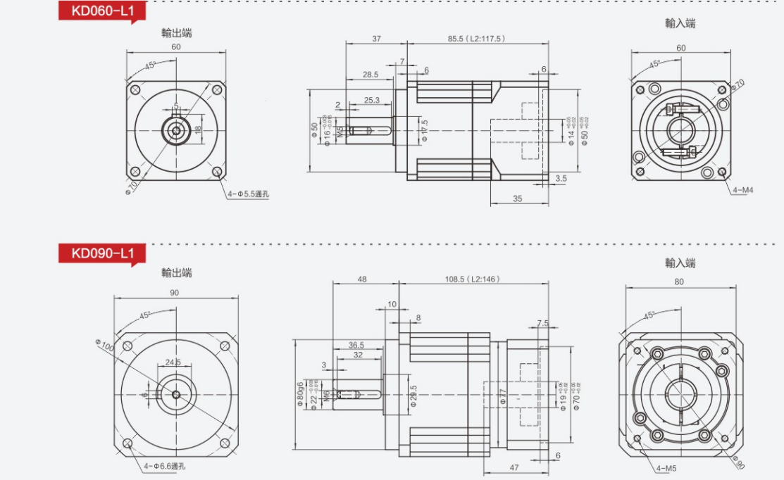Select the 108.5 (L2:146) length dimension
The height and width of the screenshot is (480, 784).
click(472, 279)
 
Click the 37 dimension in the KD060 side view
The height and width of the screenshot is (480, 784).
click(376, 39)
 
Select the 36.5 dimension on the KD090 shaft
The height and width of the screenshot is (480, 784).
click(356, 345)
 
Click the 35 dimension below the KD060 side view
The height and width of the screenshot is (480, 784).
click(517, 199)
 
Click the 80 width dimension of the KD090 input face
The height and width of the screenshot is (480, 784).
click(679, 282)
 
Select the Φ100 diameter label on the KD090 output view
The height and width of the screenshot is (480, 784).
click(103, 346)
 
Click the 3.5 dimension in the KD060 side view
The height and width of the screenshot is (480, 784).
click(561, 179)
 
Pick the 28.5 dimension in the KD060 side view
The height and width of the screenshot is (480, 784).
click(371, 74)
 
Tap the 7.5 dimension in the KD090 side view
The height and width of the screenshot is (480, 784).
click(542, 323)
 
